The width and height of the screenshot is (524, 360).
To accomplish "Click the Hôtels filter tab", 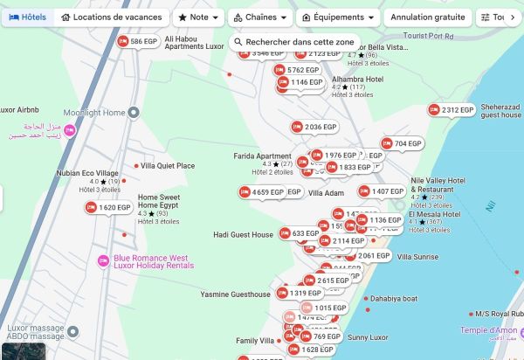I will [x=27, y=17].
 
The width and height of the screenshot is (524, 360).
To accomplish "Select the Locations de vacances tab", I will [x=112, y=17].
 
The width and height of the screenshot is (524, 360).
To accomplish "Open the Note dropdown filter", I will [x=197, y=17].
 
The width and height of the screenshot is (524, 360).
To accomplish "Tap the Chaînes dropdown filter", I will [x=259, y=17].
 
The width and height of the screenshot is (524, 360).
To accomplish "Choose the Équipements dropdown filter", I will [x=338, y=17].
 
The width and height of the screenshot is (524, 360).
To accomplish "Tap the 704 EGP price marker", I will [x=402, y=143].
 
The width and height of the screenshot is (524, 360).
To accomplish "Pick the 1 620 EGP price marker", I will [x=108, y=208].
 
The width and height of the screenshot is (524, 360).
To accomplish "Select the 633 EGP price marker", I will [x=300, y=234].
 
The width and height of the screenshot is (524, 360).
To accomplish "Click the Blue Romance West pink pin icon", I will [x=103, y=260].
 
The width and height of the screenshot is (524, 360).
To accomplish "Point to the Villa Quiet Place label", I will [x=168, y=165].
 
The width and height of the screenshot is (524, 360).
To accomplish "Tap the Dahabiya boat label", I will [x=393, y=298].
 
